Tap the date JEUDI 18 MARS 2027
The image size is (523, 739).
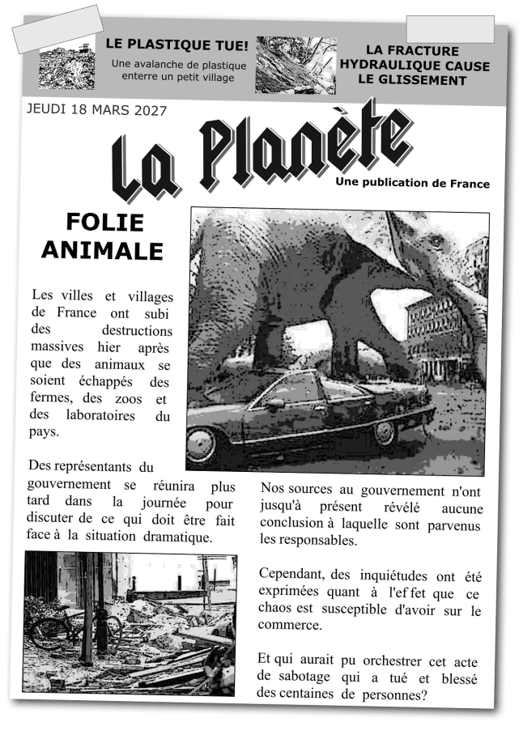tap(96, 109)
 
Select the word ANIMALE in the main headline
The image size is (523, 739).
tap(102, 250)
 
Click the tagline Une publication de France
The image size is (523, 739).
tap(412, 184)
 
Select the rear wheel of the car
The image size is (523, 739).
tap(384, 433)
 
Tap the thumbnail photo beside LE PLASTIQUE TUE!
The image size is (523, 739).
tap(66, 63)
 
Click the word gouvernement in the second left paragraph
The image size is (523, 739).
tap(69, 486)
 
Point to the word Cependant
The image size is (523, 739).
tap(290, 575)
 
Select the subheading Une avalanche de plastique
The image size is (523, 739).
tap(179, 64)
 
